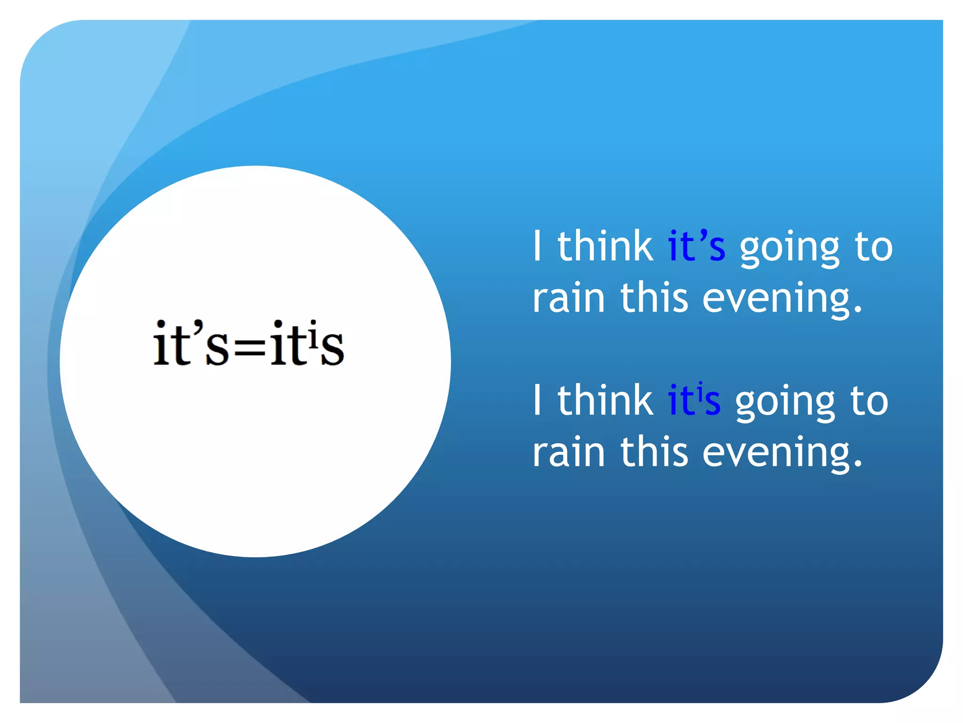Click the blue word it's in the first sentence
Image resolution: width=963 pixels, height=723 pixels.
coord(696,247)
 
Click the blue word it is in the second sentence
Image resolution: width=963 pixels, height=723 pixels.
coord(694,401)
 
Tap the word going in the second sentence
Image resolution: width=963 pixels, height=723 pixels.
coord(785,403)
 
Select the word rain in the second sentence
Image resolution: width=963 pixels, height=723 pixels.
coord(568,452)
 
